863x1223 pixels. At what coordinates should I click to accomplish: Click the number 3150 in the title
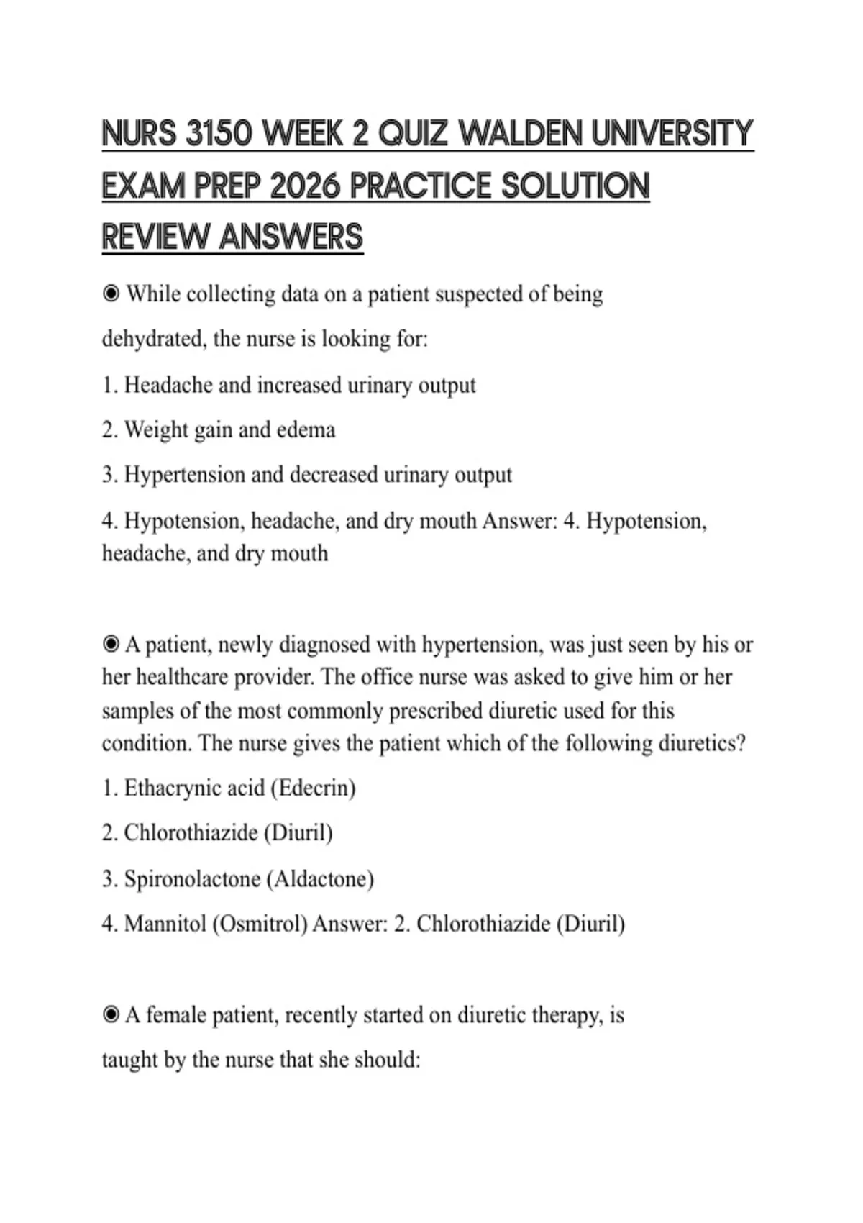[218, 134]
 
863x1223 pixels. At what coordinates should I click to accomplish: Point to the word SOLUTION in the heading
[575, 186]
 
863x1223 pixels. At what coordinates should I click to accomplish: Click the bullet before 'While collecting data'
[111, 294]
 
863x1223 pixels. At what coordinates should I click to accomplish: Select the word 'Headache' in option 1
[168, 386]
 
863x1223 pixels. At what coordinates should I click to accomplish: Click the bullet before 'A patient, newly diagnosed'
[111, 644]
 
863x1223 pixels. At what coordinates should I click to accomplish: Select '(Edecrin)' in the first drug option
[313, 788]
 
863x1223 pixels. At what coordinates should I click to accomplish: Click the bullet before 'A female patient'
[111, 1015]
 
